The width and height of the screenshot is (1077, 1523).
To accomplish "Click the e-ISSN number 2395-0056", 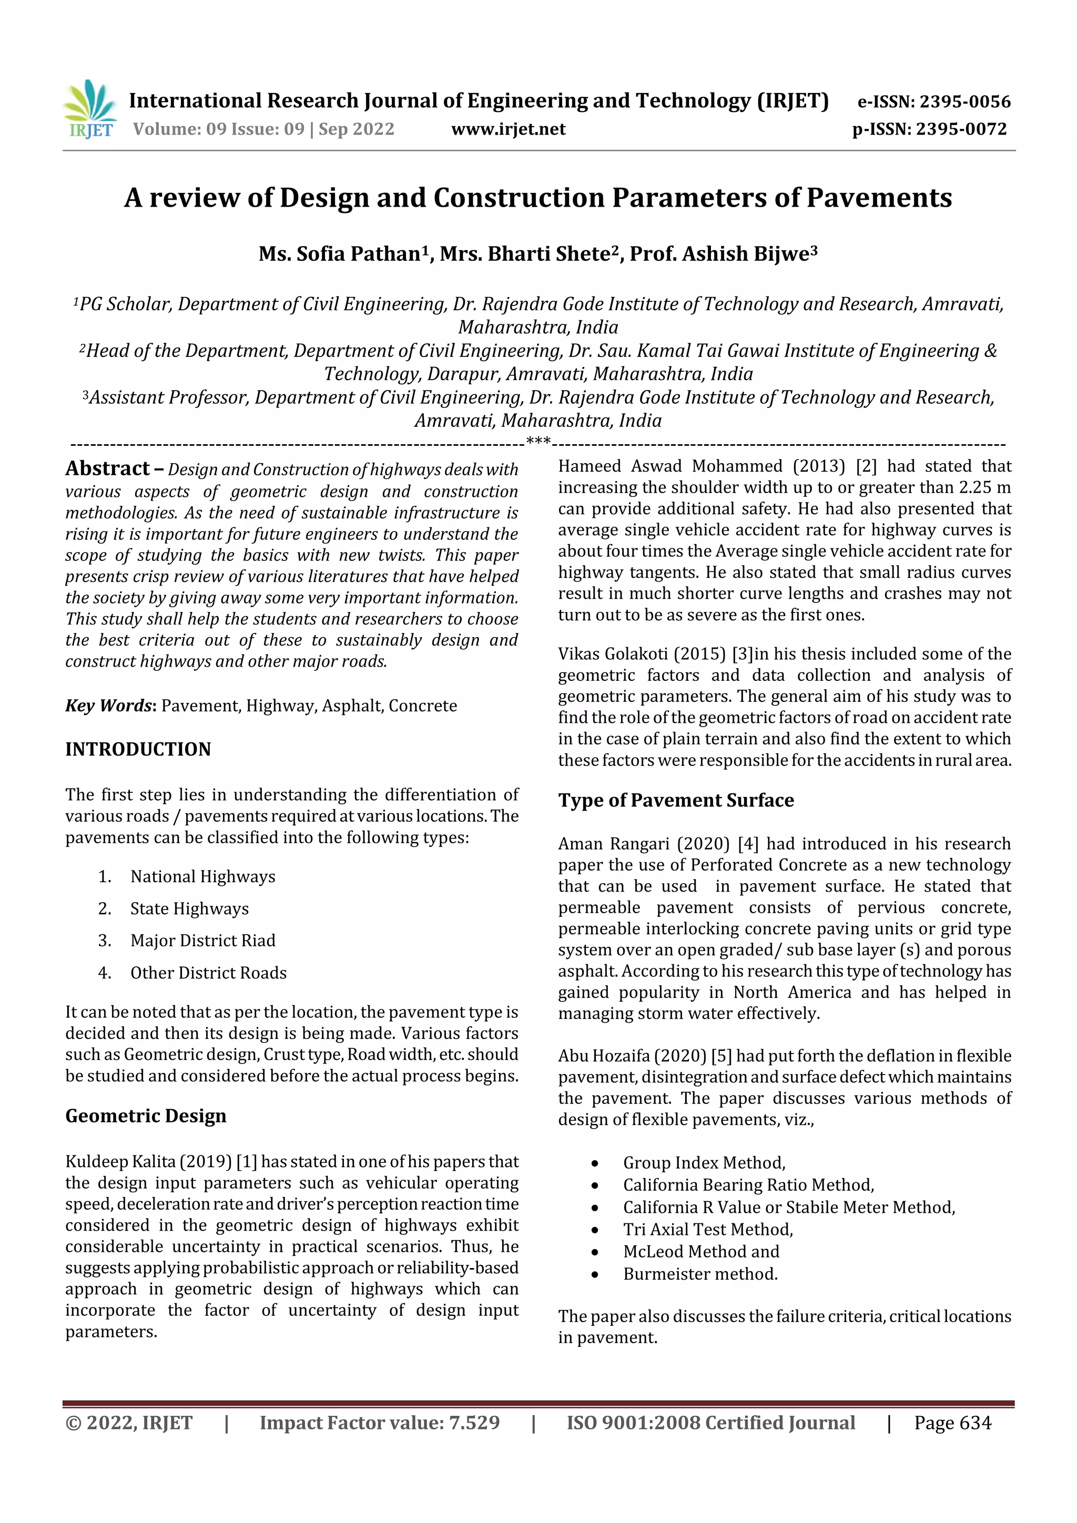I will [x=964, y=101].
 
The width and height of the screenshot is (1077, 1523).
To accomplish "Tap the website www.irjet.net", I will [x=509, y=129].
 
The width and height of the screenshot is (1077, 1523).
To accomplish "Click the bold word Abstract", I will [x=107, y=468].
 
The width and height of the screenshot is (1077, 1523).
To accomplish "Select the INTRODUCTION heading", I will [x=138, y=749].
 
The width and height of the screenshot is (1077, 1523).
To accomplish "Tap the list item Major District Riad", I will [x=202, y=940].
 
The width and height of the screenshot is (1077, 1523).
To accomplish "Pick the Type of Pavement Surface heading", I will [x=676, y=800].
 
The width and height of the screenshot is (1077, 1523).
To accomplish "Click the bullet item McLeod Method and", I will [x=701, y=1251].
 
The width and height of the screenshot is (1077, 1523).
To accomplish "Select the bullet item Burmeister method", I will [x=700, y=1274].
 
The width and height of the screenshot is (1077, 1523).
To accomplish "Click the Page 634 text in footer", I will [x=952, y=1423].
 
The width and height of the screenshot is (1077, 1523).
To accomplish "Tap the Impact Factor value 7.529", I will [x=474, y=1423].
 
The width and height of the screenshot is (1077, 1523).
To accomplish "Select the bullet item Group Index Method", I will [x=704, y=1163].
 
